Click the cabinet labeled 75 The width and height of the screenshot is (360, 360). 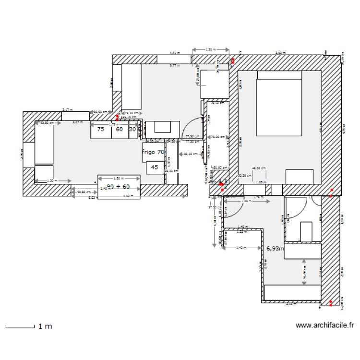coord(101,129)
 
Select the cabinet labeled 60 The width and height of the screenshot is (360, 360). coord(119,129)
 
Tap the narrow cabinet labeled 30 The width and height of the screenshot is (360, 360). coord(132,129)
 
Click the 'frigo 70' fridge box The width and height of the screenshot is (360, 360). coord(153,152)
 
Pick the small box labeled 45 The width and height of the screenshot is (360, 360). coord(154,168)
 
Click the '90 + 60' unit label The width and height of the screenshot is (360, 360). coord(119,186)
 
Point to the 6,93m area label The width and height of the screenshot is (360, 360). coord(275,249)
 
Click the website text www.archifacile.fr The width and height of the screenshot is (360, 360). coord(325,325)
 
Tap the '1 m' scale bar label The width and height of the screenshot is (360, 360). coord(45,326)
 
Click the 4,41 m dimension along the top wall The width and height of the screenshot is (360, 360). coord(174,53)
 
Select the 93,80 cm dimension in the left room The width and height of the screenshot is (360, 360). coord(47,123)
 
